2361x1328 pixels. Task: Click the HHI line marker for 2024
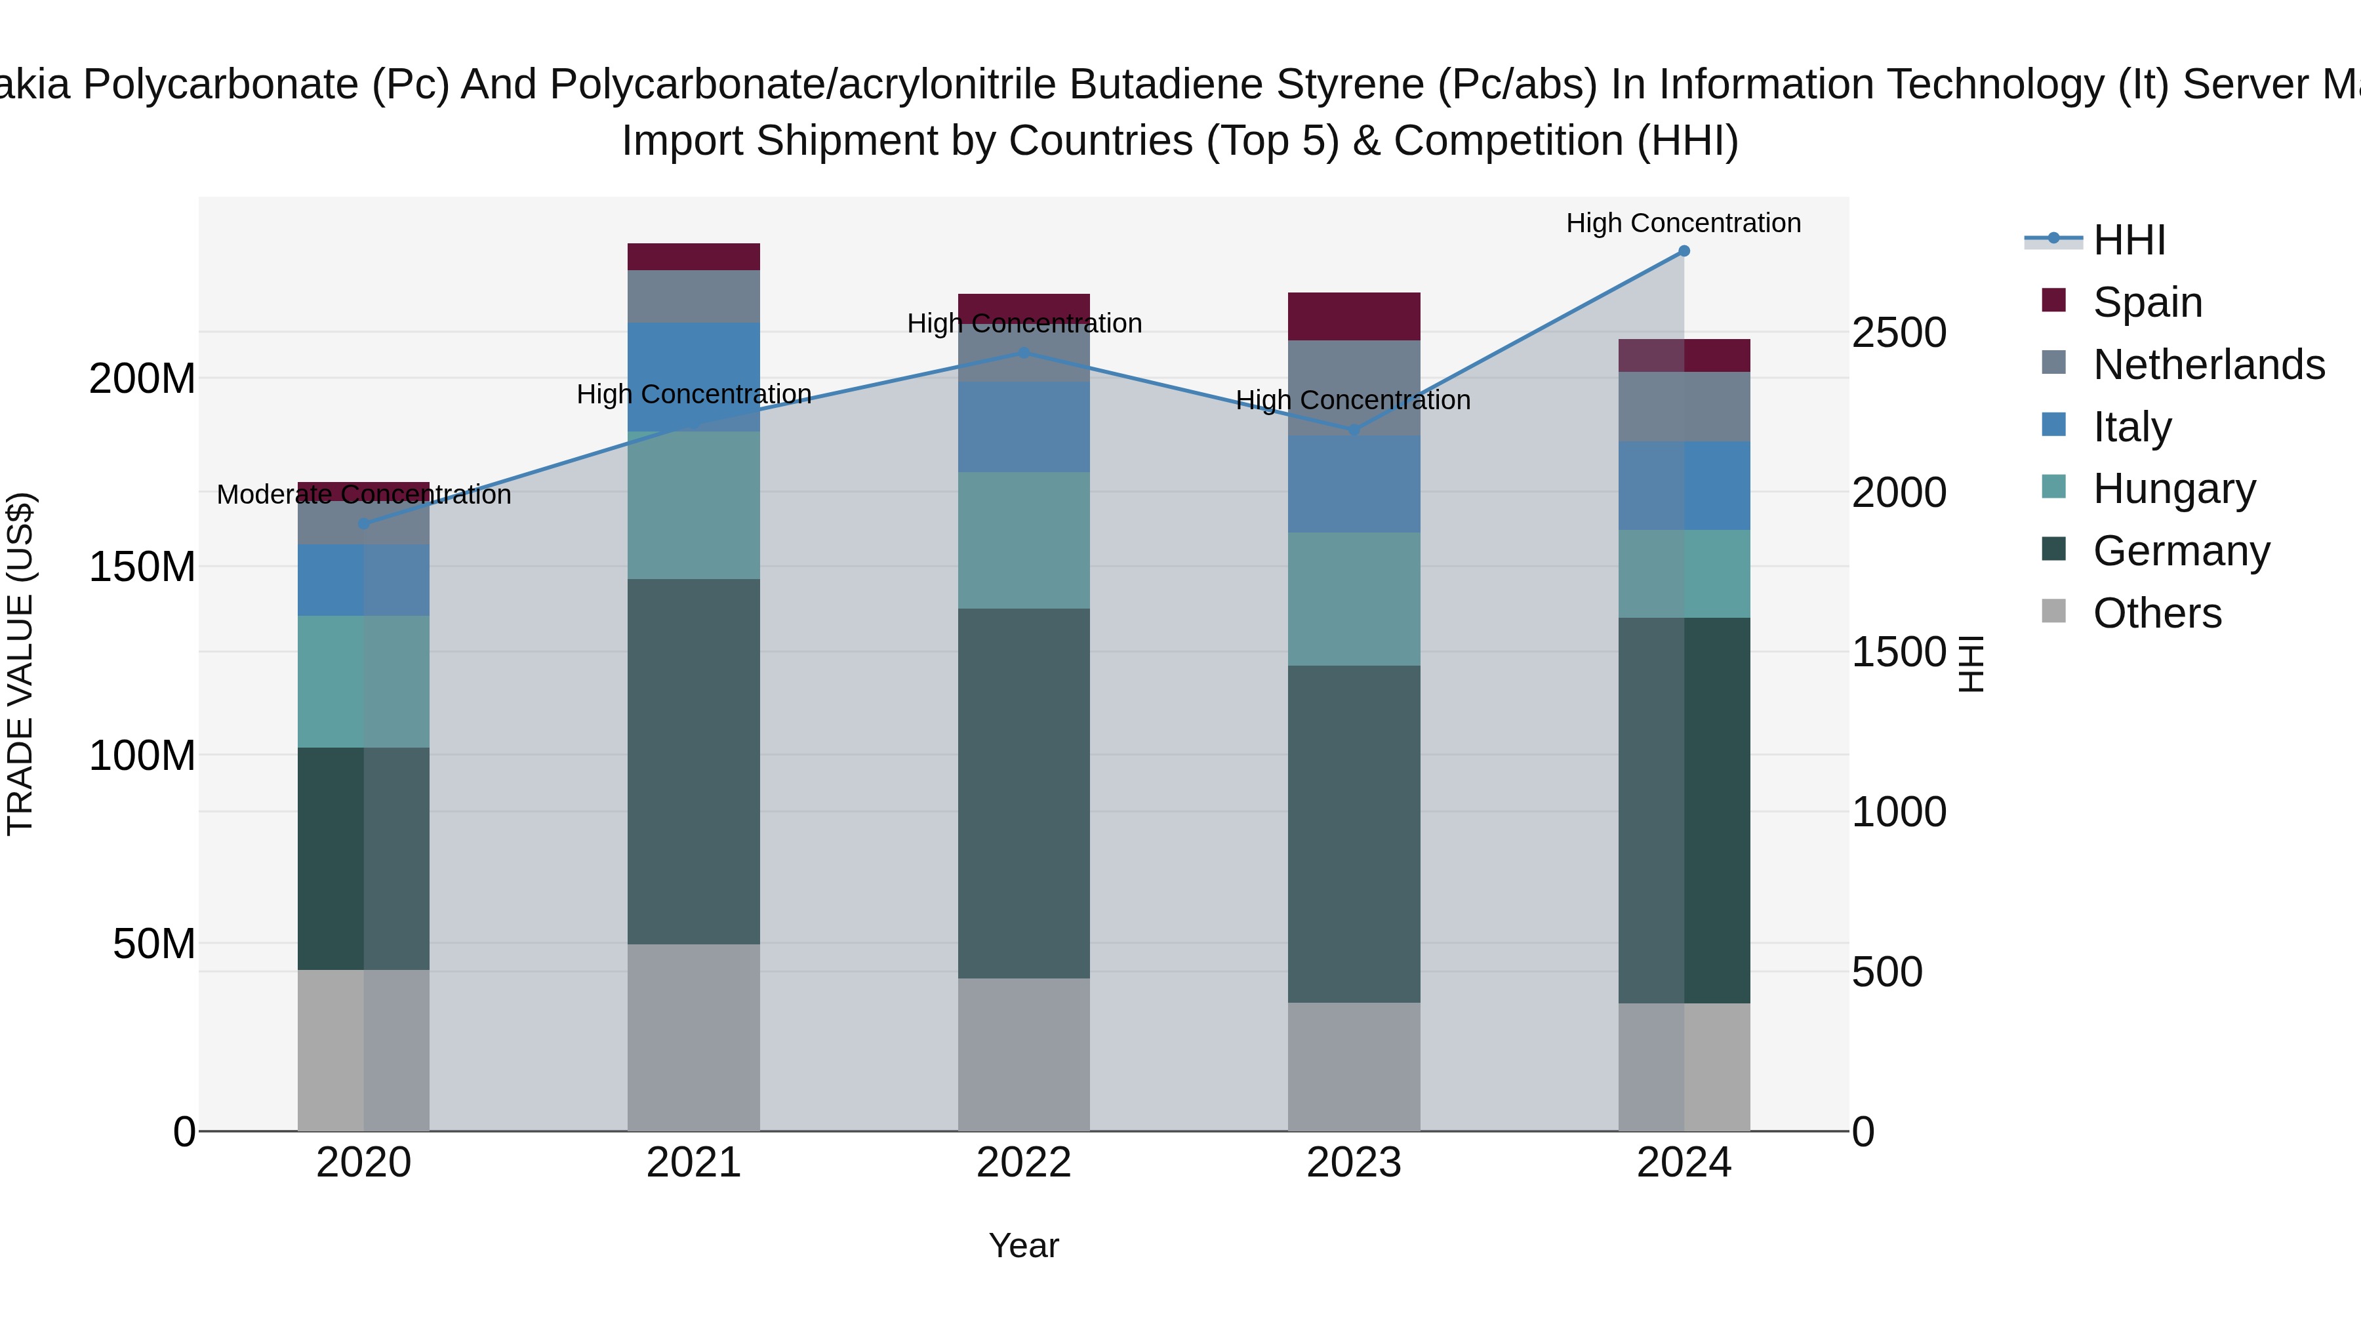[x=1684, y=251]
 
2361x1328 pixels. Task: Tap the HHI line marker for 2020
[x=364, y=524]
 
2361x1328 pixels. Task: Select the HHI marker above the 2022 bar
[x=1024, y=353]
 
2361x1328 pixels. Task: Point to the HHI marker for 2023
[x=1354, y=430]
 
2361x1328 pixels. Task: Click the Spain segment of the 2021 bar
[x=694, y=256]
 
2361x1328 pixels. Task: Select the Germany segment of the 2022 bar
[x=1024, y=793]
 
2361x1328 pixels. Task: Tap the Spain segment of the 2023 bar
[x=1354, y=316]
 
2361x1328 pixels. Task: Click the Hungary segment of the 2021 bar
[x=694, y=505]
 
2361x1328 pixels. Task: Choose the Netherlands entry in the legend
[x=2209, y=365]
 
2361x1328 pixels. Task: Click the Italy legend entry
[x=2132, y=427]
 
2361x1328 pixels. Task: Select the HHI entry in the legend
[x=2129, y=240]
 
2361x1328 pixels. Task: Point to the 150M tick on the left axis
[x=142, y=567]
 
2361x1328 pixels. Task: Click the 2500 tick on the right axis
[x=1898, y=332]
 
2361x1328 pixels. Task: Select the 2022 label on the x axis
[x=1024, y=1163]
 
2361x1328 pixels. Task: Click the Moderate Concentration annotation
[x=364, y=495]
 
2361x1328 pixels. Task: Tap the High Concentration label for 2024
[x=1684, y=224]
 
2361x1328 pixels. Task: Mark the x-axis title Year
[x=1024, y=1247]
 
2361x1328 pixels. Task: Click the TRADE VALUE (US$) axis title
[x=20, y=664]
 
